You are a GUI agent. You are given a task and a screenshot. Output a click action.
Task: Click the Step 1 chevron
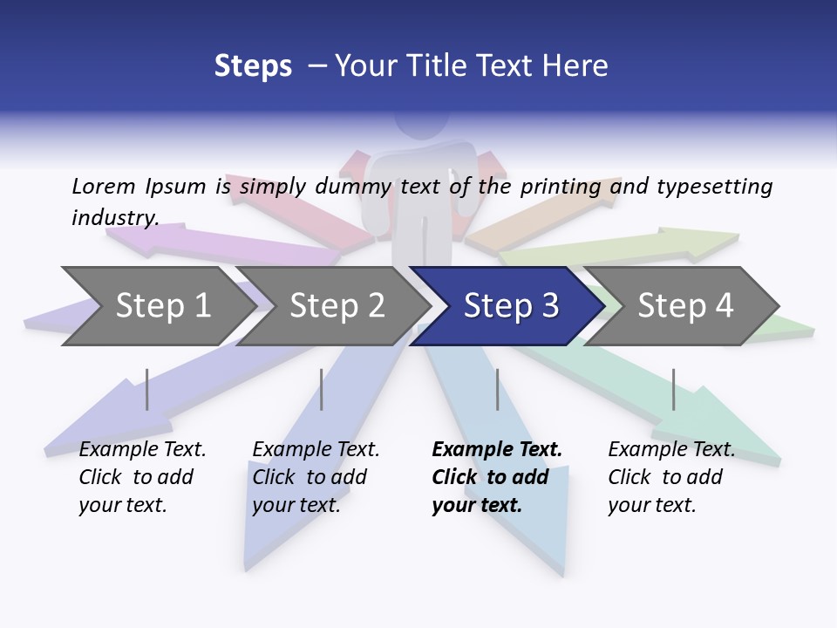[x=162, y=306]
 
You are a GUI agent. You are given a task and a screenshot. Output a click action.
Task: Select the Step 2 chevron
[x=337, y=306]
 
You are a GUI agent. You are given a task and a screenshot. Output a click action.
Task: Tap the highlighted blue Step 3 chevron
[x=511, y=306]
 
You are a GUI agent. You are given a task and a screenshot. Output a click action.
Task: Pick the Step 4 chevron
[x=685, y=306]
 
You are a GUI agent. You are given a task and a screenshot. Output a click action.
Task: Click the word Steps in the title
[x=253, y=66]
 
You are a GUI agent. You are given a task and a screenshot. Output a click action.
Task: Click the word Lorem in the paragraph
[x=103, y=187]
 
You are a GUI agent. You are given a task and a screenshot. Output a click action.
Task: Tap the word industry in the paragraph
[x=115, y=218]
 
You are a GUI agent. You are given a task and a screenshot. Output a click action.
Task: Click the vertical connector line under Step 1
[x=147, y=389]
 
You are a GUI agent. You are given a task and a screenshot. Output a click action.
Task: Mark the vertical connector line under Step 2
[x=322, y=389]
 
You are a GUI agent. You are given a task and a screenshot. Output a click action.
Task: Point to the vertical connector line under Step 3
[x=497, y=389]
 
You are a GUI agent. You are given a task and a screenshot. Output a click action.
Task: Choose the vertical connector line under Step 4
[x=673, y=389]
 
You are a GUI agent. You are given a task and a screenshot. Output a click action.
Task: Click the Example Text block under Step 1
[x=142, y=477]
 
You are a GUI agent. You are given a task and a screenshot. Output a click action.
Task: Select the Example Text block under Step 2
[x=316, y=477]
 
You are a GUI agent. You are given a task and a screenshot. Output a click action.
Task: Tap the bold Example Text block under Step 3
[x=497, y=477]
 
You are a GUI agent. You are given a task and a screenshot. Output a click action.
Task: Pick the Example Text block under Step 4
[x=671, y=477]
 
